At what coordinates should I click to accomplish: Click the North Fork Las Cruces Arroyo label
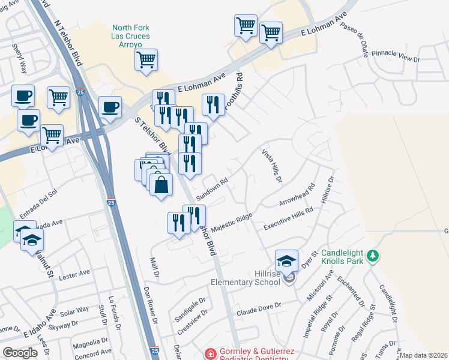130,37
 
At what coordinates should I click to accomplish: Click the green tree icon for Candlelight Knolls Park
373,257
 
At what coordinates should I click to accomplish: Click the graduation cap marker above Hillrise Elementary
287,262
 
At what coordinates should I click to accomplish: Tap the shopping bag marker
161,185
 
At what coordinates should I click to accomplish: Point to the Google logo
20,353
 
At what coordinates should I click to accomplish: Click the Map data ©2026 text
423,355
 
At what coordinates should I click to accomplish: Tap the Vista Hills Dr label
271,167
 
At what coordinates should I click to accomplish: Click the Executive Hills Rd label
289,218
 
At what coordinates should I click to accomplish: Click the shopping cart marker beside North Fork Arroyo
146,61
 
